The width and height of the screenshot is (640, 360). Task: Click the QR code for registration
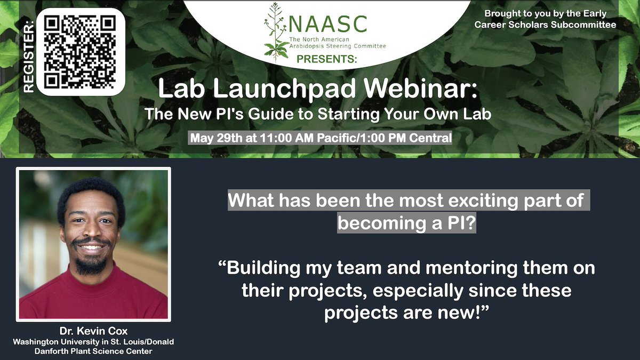pos(81,51)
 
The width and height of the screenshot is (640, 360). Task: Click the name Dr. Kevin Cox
pos(93,331)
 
